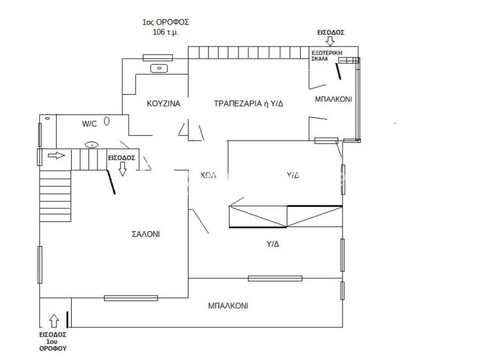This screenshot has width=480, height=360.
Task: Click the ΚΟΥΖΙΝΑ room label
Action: pyautogui.click(x=163, y=104)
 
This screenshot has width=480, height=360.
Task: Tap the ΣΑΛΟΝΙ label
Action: pyautogui.click(x=146, y=234)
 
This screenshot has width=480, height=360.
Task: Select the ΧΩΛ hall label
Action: pyautogui.click(x=208, y=175)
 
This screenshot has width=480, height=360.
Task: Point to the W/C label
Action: pyautogui.click(x=89, y=124)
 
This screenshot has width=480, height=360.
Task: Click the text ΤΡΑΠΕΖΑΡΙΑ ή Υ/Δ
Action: pyautogui.click(x=248, y=104)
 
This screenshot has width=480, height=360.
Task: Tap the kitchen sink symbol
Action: pyautogui.click(x=159, y=69)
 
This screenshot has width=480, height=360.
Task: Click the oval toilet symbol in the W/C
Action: pyautogui.click(x=107, y=121)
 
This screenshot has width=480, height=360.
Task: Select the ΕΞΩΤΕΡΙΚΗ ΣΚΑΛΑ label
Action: pyautogui.click(x=324, y=56)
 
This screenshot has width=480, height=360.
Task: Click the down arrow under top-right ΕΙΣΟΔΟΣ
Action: pyautogui.click(x=330, y=41)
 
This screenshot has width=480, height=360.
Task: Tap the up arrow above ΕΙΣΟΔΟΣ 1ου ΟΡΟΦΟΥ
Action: pyautogui.click(x=54, y=320)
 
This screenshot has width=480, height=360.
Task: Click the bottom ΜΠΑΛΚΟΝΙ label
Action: pyautogui.click(x=228, y=306)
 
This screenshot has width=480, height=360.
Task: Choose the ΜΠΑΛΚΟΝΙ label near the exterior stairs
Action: pyautogui.click(x=333, y=99)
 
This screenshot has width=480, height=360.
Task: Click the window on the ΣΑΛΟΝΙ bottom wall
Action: pyautogui.click(x=130, y=298)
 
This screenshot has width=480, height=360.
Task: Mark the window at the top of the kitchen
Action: pyautogui.click(x=157, y=58)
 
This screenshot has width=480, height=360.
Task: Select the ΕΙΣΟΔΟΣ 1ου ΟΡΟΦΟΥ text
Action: pyautogui.click(x=52, y=342)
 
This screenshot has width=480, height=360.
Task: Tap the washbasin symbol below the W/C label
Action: pyautogui.click(x=91, y=144)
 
